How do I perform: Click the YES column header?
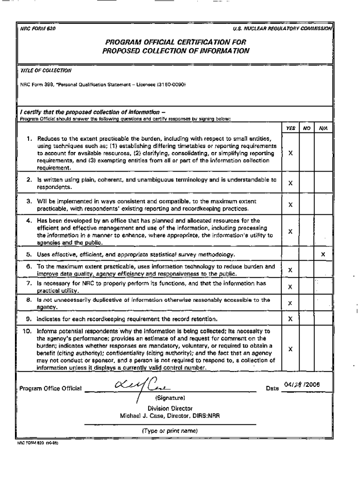click(x=290, y=127)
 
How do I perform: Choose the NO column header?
click(x=307, y=127)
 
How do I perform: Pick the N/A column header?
click(x=323, y=127)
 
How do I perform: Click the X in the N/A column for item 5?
click(x=323, y=254)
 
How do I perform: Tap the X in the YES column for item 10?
click(x=290, y=349)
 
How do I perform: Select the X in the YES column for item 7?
click(x=290, y=287)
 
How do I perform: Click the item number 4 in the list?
click(x=29, y=220)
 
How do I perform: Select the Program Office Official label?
click(x=50, y=388)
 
